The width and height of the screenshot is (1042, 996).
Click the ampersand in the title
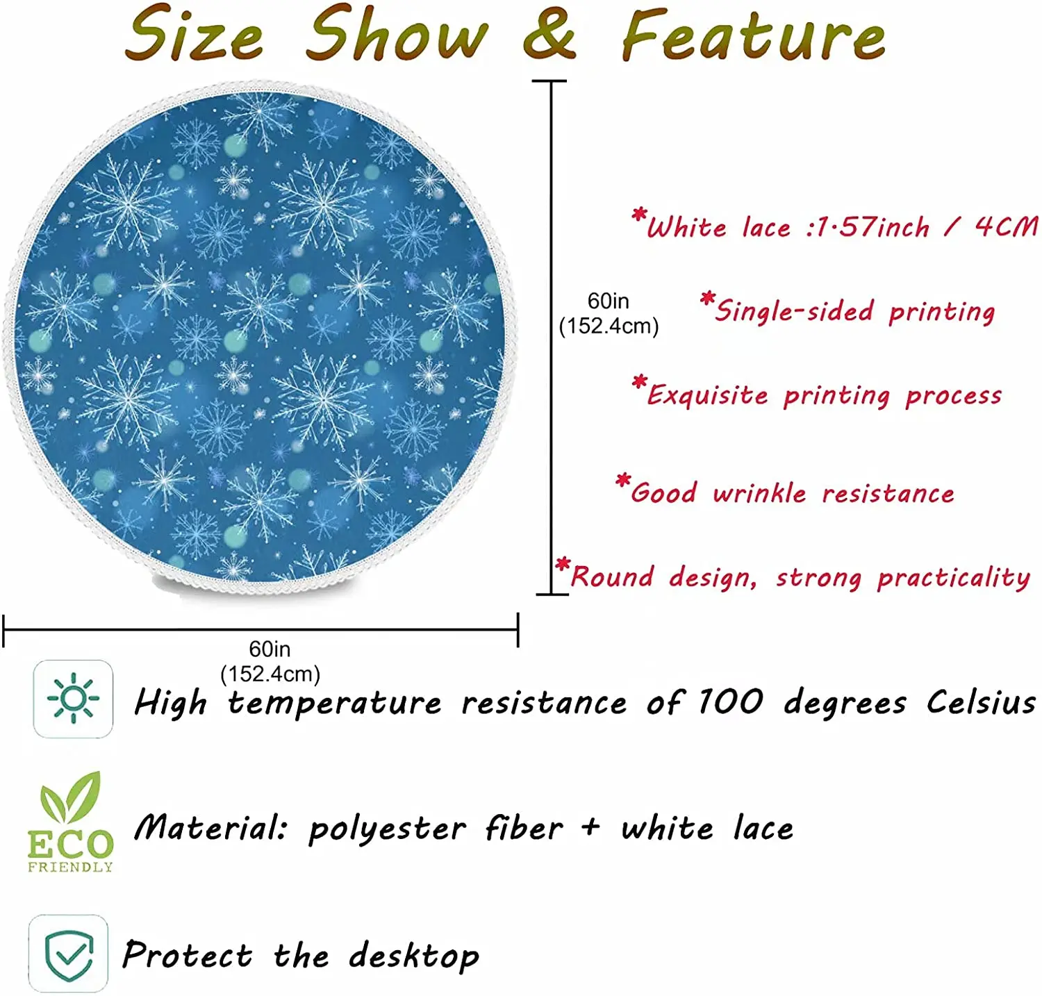[549, 33]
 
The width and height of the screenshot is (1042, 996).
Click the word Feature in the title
[753, 34]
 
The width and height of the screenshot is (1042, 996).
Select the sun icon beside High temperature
[73, 698]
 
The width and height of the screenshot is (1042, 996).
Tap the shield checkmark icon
[68, 954]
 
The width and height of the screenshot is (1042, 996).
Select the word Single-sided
[794, 310]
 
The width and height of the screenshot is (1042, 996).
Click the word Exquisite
[708, 394]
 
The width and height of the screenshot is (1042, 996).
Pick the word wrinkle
[759, 492]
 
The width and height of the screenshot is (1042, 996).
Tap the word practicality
[954, 577]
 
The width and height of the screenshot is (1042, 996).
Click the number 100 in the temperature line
[730, 702]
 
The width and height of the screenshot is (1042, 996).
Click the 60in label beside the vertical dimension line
[609, 301]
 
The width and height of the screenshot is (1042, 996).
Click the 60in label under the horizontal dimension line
[270, 649]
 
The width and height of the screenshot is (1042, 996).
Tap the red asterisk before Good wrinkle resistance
[623, 480]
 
